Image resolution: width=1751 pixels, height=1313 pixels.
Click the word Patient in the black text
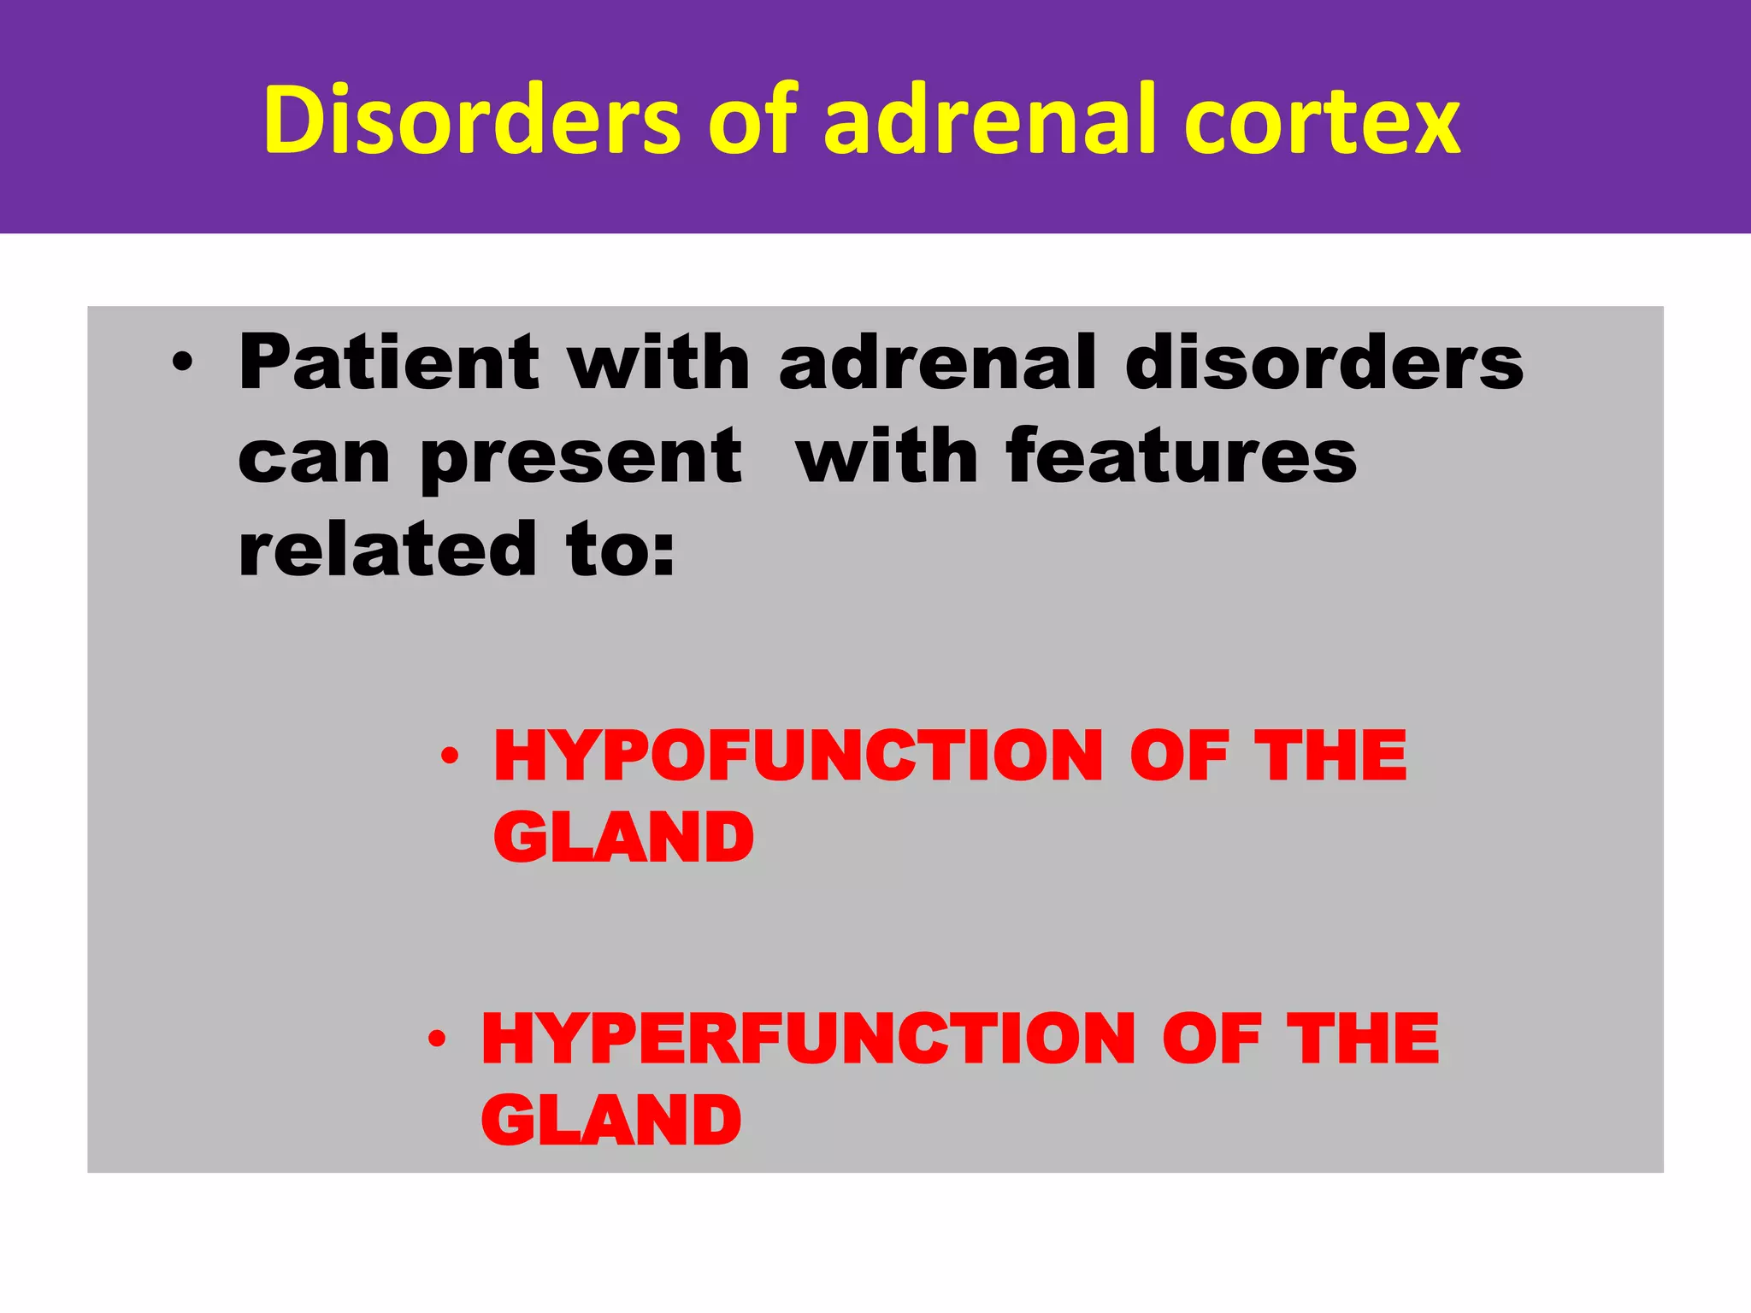coord(389,362)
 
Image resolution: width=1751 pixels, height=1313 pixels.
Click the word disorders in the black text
coord(1324,362)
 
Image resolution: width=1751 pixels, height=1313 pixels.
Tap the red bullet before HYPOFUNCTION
coord(451,756)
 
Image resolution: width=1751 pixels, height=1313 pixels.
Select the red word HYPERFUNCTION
coord(808,1039)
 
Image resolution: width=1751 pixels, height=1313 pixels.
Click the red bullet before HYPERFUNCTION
coord(438,1039)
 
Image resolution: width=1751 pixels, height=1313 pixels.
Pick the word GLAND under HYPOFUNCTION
coord(623,837)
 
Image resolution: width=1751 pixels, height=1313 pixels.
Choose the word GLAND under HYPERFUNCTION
coord(611,1120)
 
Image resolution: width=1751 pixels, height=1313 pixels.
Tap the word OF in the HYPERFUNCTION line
coord(1211,1039)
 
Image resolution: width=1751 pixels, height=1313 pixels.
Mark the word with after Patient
coord(659,362)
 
